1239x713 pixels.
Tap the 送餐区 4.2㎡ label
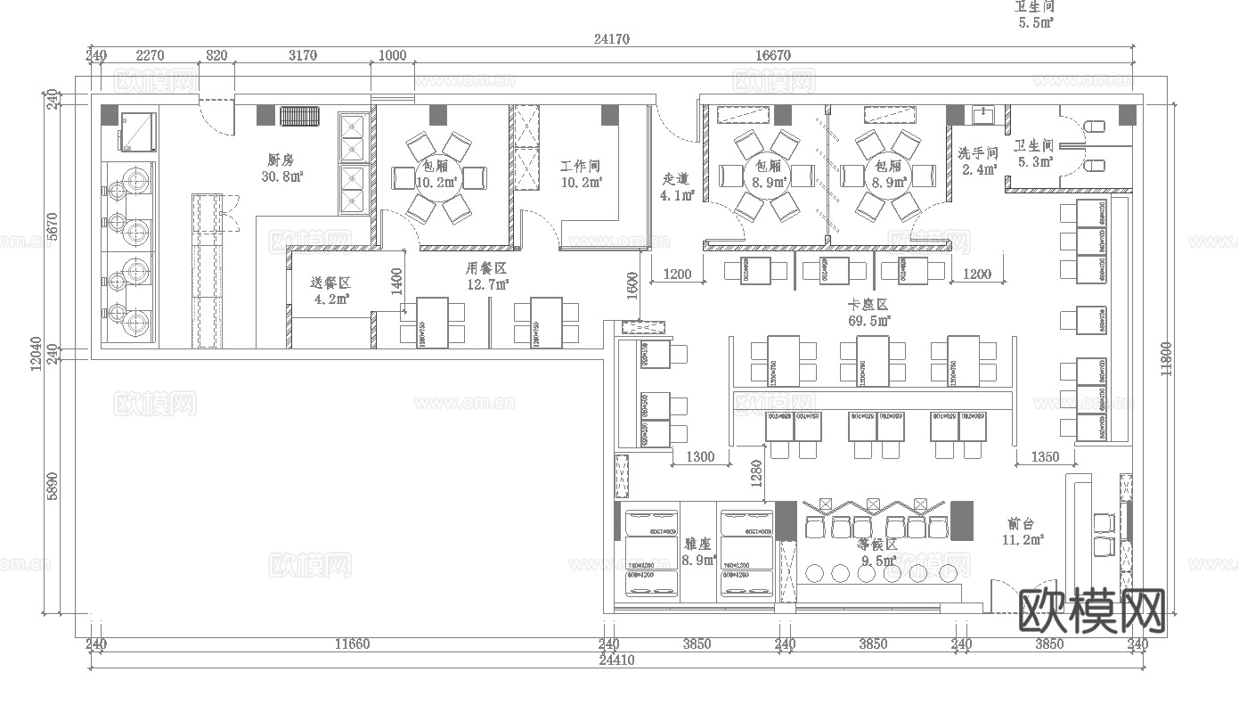(330, 291)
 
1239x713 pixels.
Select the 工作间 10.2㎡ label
(581, 174)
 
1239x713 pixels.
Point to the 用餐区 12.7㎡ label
(486, 275)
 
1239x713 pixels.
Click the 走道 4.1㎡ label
(677, 186)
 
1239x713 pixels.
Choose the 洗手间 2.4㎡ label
(978, 160)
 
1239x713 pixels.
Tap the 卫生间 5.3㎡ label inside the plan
(1033, 153)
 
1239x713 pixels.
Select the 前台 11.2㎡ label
(1022, 531)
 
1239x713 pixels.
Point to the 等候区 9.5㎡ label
(876, 551)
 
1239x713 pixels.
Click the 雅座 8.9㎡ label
(698, 551)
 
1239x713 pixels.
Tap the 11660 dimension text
(353, 643)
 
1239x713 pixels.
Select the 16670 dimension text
(772, 55)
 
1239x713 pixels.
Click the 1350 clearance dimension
(1045, 456)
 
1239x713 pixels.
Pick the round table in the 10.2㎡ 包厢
(437, 177)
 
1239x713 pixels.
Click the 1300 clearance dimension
(700, 456)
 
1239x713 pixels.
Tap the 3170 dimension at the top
(303, 55)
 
